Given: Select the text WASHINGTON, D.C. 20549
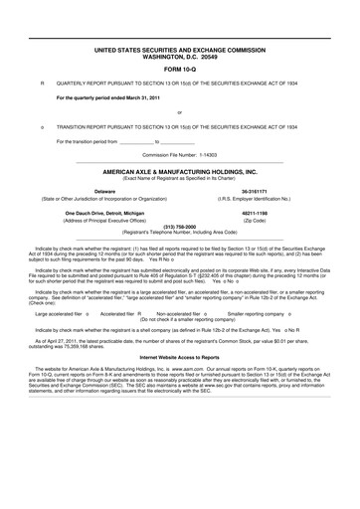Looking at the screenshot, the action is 179,54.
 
